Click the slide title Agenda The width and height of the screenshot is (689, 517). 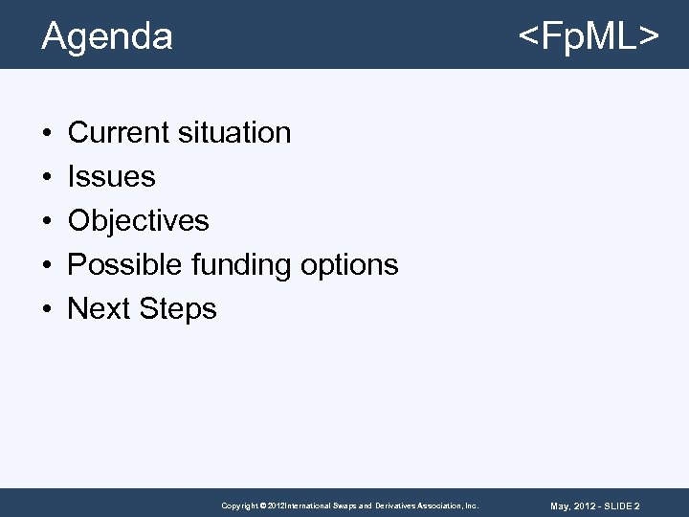point(107,36)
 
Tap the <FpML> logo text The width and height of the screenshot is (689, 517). point(588,36)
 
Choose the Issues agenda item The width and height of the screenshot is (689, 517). point(111,176)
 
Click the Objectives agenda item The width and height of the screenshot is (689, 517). point(138,220)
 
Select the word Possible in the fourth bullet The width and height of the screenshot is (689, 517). point(125,264)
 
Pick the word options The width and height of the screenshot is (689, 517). point(350,265)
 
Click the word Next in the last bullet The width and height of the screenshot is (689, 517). point(99,308)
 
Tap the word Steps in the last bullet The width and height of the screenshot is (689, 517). point(178,309)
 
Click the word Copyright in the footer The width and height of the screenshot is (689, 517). point(239,506)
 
